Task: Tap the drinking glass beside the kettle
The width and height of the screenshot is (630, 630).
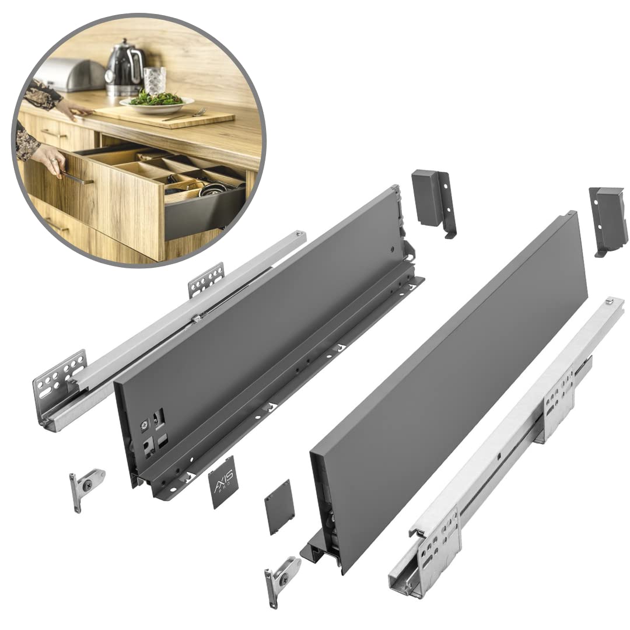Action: point(155,80)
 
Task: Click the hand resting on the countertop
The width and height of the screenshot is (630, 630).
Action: point(73,108)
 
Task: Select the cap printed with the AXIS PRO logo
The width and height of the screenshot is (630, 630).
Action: point(224,481)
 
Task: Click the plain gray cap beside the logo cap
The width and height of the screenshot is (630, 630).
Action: point(279,506)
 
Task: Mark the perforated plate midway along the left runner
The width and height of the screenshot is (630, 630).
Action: point(206,279)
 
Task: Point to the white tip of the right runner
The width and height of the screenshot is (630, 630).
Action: point(610,301)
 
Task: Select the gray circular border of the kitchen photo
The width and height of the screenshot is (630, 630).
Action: point(261,140)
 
